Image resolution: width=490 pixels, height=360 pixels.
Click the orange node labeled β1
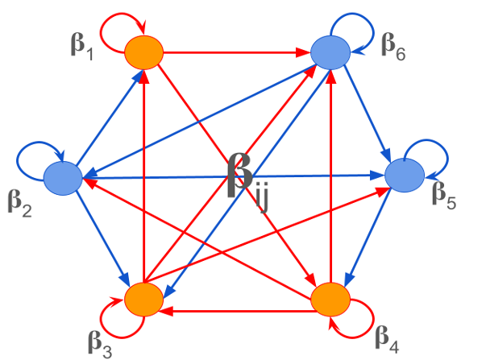(144, 53)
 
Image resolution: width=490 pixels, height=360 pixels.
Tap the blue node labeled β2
(62, 177)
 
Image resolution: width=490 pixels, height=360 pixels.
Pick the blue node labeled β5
(405, 175)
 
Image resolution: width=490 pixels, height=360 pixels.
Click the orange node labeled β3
(144, 298)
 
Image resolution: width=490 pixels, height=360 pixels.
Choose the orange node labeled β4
(331, 299)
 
